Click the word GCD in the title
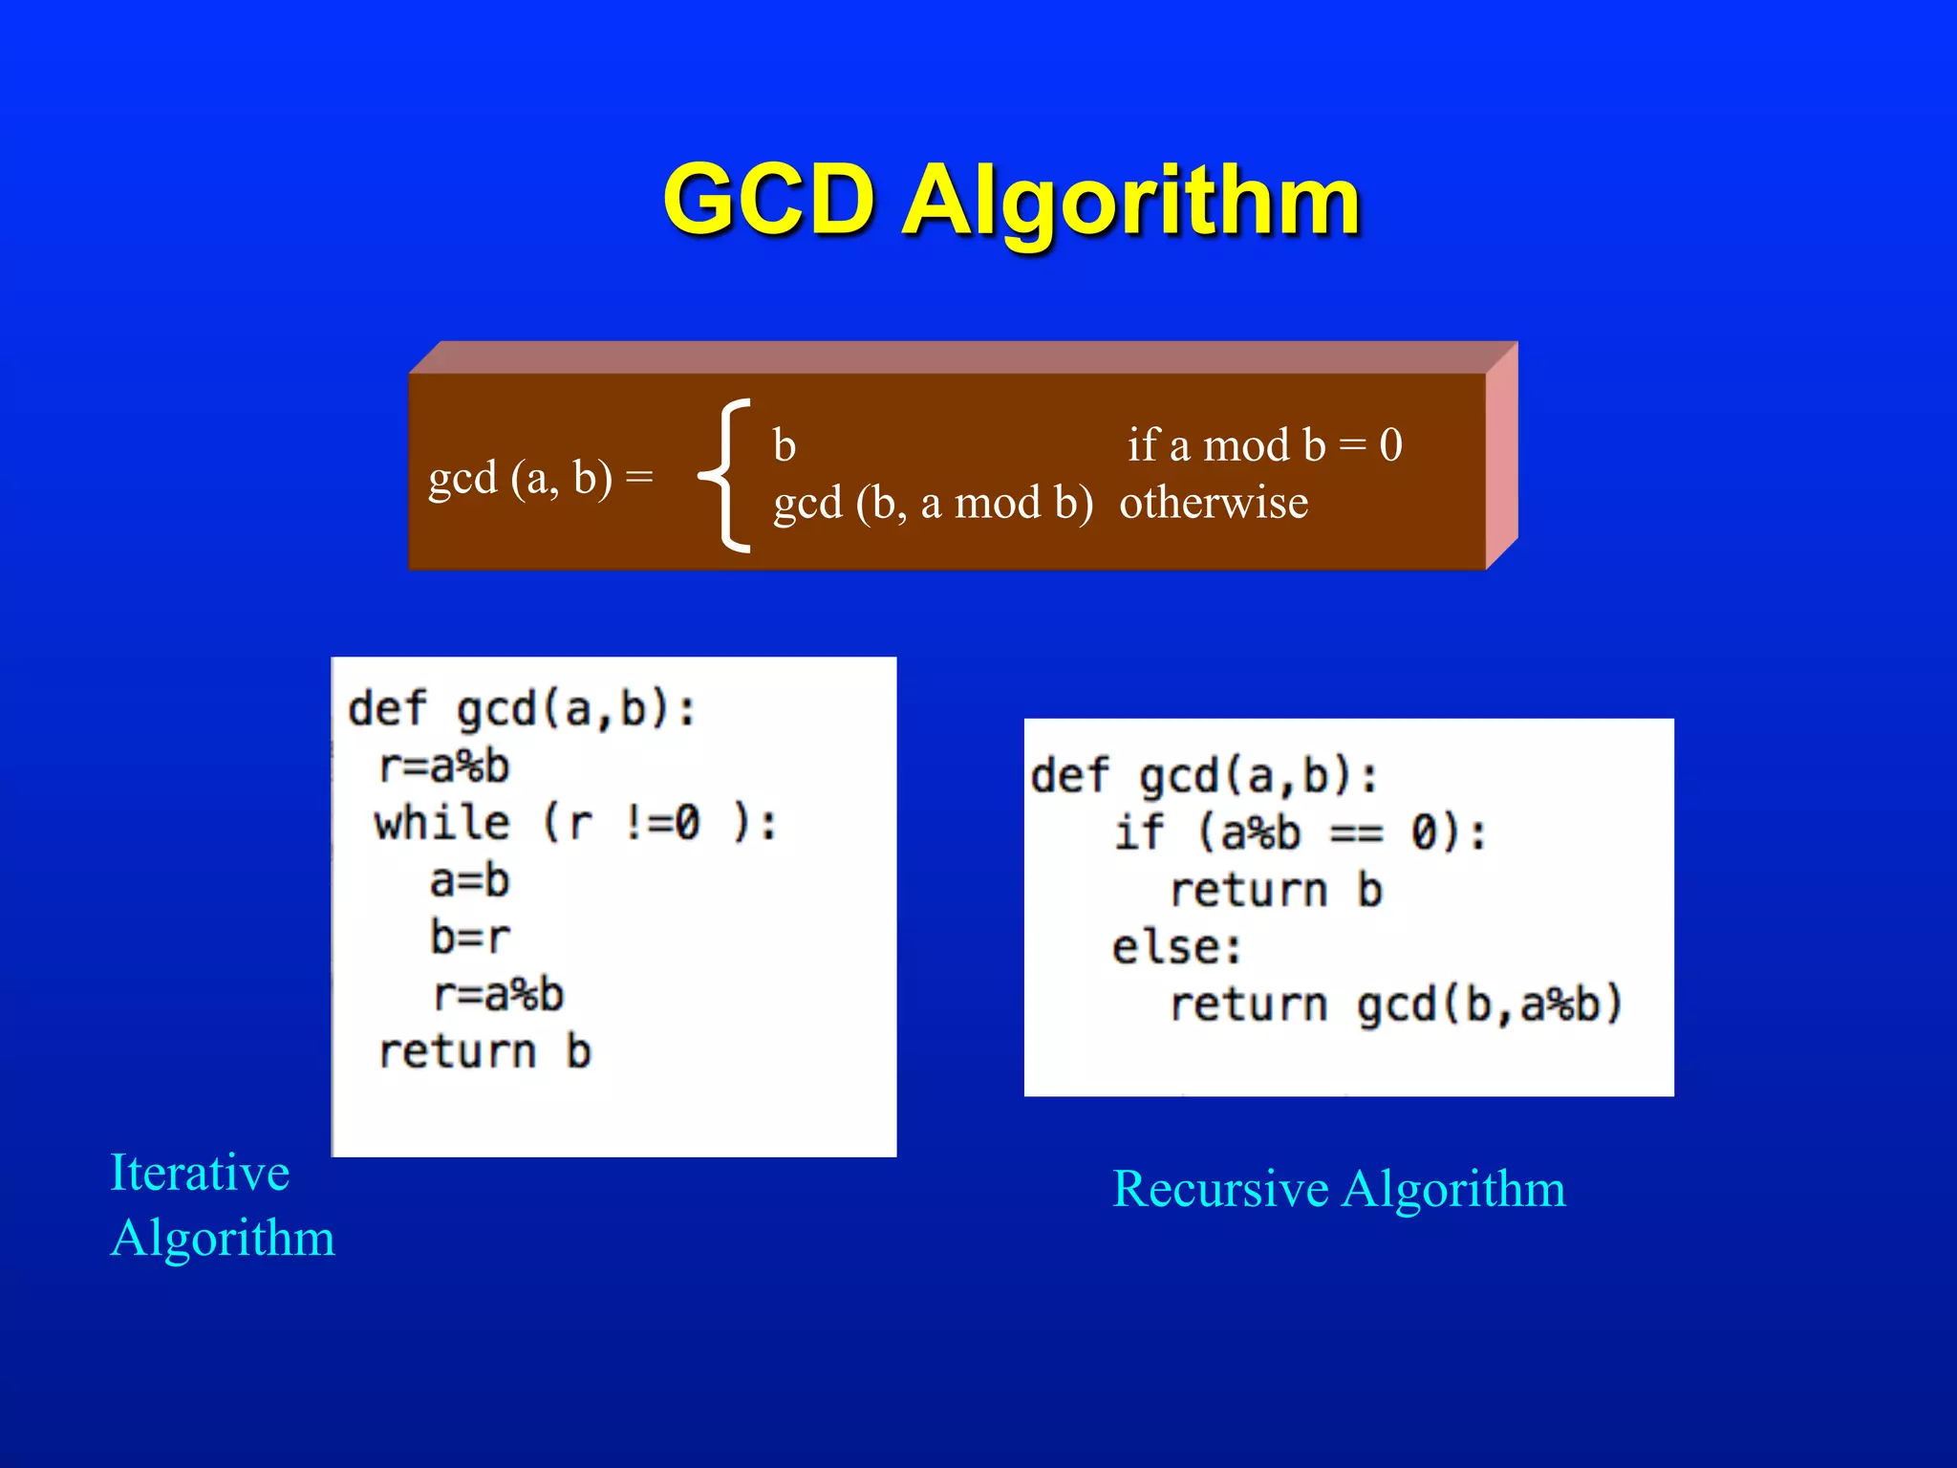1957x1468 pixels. coord(769,201)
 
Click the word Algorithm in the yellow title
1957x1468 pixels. coord(1131,203)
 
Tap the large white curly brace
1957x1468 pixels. coord(725,475)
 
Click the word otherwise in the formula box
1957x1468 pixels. coord(1214,503)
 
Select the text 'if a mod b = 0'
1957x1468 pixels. coord(1264,445)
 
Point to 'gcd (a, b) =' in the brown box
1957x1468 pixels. coord(540,477)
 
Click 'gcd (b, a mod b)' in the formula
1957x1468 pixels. coord(933,503)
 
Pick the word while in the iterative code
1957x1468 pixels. coord(441,823)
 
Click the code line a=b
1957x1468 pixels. coord(469,880)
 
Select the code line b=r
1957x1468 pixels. coord(469,938)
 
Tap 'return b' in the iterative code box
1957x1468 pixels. coord(485,1052)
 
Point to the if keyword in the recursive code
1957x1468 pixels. coord(1139,832)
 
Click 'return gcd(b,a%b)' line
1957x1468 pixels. coord(1396,1004)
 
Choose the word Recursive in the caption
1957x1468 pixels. coord(1220,1189)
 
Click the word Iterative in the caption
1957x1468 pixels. coord(200,1173)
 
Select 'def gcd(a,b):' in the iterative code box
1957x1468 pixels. coord(522,709)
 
